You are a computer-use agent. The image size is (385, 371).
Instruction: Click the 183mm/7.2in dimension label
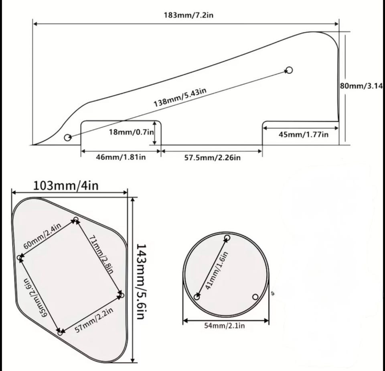click(188, 15)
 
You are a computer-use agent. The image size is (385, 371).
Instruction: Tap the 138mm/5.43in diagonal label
click(180, 97)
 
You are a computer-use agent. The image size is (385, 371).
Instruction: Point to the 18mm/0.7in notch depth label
click(132, 132)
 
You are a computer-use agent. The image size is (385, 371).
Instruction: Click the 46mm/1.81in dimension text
click(121, 157)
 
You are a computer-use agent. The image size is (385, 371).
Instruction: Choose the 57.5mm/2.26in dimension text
click(213, 158)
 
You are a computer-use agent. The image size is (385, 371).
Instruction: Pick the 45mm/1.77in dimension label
click(303, 135)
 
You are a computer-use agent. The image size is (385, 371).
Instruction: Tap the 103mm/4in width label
click(65, 186)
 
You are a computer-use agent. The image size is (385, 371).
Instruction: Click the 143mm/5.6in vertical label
click(142, 281)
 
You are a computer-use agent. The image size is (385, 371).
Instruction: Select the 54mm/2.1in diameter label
click(225, 326)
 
